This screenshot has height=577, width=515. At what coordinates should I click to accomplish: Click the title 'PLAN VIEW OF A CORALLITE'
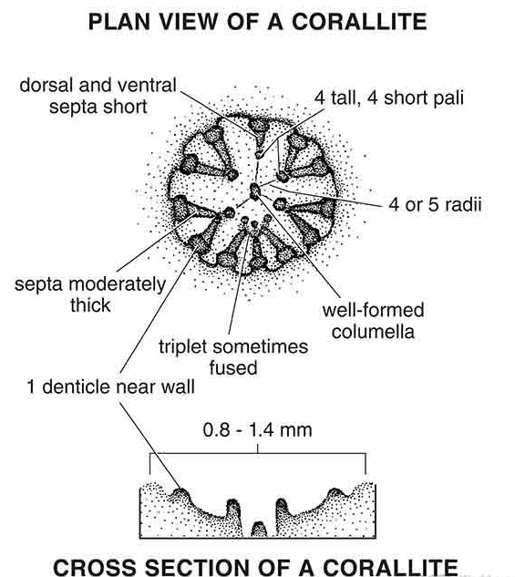[257, 22]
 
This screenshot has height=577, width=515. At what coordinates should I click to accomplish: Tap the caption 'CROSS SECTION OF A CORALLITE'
[255, 567]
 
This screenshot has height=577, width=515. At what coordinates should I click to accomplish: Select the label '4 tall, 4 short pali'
[389, 98]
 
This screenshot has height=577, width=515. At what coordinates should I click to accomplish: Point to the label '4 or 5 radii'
[435, 204]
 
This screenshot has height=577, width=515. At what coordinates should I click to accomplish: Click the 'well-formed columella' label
[374, 321]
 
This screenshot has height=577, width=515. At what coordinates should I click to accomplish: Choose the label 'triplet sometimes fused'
[233, 357]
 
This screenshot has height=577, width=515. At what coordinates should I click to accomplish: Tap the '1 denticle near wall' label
[110, 386]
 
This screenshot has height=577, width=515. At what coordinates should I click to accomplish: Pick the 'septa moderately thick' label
[90, 294]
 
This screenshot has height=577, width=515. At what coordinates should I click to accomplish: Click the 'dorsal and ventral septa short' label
[98, 96]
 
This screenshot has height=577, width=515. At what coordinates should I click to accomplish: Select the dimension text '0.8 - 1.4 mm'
[257, 430]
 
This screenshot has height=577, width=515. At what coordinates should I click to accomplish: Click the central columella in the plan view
[255, 191]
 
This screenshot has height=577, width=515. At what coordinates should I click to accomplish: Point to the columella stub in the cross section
[259, 530]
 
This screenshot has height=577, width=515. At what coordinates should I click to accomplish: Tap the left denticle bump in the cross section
[181, 493]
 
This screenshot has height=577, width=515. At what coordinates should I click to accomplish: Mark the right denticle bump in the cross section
[335, 493]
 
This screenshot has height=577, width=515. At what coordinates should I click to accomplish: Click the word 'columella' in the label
[374, 331]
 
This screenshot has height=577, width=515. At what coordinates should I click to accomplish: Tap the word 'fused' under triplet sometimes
[233, 367]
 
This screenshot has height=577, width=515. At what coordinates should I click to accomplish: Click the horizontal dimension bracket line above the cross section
[257, 453]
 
